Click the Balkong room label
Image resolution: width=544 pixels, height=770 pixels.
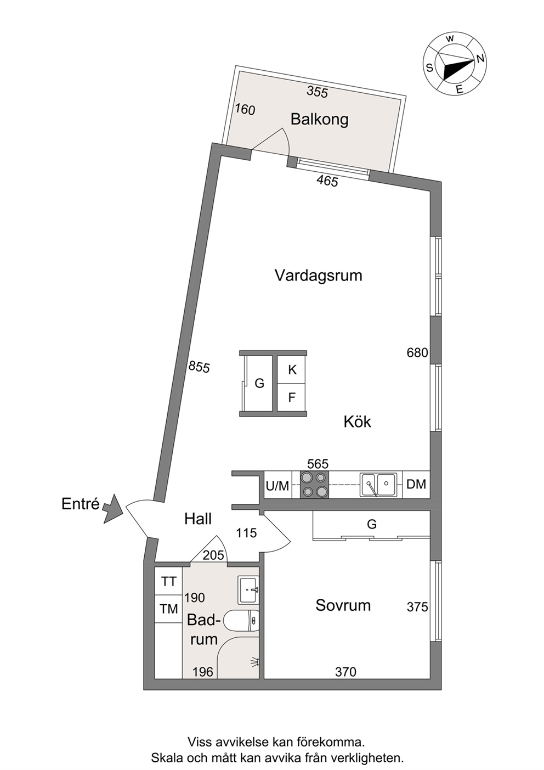point(319,120)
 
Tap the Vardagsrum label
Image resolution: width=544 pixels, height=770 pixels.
point(319,276)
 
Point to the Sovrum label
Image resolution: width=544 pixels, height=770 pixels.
point(343,605)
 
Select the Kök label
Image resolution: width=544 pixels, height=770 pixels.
point(357,421)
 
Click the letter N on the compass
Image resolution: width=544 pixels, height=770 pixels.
point(480,59)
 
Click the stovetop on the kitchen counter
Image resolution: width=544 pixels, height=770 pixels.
point(314,485)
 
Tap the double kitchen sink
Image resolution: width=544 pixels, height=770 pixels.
point(378,485)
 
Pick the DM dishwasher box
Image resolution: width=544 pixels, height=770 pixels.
point(416,485)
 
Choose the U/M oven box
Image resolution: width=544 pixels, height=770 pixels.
point(277,485)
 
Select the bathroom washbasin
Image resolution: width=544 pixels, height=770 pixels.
point(248,590)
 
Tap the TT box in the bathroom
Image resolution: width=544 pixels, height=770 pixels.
point(168,581)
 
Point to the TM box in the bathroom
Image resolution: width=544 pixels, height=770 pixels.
point(168,609)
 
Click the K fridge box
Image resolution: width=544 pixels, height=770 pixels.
point(292,370)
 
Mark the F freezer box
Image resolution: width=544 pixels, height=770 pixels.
point(292,397)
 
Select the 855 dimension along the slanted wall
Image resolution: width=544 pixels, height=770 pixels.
point(199,367)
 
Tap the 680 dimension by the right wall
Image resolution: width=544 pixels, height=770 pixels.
point(417,353)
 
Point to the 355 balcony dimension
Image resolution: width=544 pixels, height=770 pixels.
point(318,92)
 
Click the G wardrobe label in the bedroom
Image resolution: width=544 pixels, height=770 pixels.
point(372,524)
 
